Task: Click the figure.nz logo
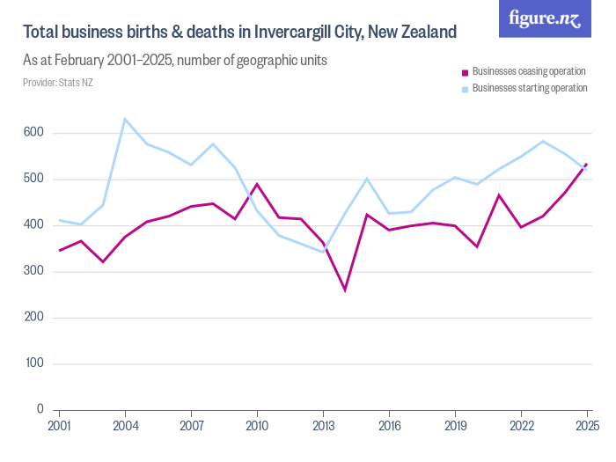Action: click(545, 19)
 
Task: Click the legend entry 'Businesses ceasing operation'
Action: click(529, 71)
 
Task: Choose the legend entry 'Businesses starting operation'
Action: click(529, 88)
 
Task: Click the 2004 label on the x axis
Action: click(126, 426)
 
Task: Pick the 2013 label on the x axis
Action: click(323, 426)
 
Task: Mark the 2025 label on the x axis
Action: click(586, 426)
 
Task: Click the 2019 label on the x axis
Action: click(455, 426)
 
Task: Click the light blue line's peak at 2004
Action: click(125, 119)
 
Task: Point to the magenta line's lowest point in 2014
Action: click(345, 290)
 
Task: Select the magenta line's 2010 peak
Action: click(257, 184)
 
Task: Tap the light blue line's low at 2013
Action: click(323, 252)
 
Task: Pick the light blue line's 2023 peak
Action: click(543, 141)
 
